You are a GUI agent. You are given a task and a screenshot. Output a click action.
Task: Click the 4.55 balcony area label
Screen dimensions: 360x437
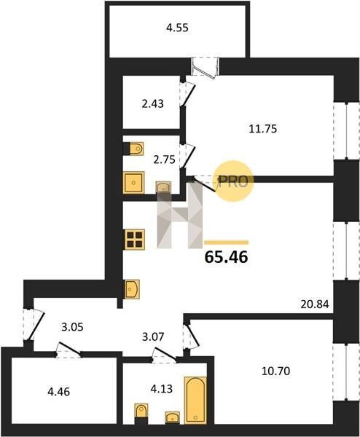[177, 28]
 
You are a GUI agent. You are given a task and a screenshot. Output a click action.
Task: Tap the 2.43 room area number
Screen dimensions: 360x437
[152, 103]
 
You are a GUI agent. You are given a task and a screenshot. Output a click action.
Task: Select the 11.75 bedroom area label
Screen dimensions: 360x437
[262, 129]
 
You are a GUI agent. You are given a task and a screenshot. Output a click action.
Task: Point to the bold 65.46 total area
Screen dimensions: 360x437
[226, 257]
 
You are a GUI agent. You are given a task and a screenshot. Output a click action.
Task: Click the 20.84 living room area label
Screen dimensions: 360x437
[315, 304]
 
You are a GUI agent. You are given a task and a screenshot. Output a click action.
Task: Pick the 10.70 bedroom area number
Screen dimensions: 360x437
[276, 371]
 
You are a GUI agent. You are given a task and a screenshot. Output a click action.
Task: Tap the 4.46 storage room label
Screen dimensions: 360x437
[58, 392]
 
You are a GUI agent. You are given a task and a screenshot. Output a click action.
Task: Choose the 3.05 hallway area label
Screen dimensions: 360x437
[72, 327]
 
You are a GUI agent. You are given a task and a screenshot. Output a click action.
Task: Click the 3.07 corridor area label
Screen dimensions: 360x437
[153, 336]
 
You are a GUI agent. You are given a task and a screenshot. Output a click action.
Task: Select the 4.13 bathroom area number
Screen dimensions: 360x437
[162, 388]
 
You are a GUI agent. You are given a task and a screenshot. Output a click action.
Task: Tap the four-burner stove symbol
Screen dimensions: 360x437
[135, 240]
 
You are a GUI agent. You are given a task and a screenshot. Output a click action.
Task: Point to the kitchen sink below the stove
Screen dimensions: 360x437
[132, 289]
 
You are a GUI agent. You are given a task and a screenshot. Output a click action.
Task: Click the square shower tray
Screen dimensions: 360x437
[134, 183]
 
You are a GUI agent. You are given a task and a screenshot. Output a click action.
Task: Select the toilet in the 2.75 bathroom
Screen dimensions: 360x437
[134, 149]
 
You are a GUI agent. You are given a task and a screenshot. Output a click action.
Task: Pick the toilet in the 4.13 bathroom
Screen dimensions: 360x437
[141, 413]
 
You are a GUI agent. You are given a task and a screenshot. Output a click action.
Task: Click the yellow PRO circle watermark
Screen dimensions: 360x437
[233, 181]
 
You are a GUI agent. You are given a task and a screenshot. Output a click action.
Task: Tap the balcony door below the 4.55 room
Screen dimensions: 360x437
[206, 68]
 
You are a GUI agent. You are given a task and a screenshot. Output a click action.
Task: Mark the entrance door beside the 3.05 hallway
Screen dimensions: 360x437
[34, 324]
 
